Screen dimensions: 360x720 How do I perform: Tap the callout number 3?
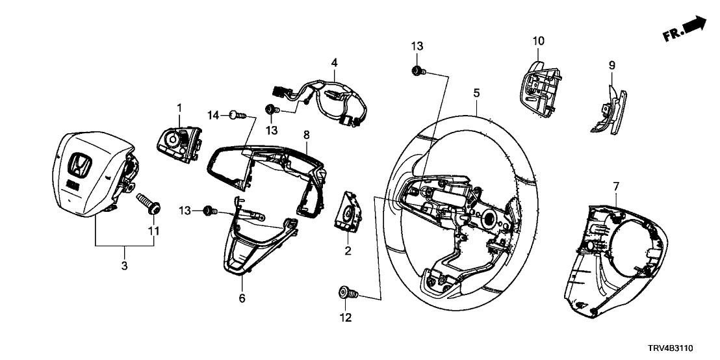tap(125, 266)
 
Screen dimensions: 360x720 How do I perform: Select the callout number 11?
tap(153, 231)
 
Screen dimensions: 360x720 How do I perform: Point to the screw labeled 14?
tap(238, 116)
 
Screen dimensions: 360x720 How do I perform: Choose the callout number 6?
tap(242, 299)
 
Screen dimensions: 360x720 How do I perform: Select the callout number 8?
tap(306, 135)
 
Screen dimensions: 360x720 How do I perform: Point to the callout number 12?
tap(345, 318)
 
